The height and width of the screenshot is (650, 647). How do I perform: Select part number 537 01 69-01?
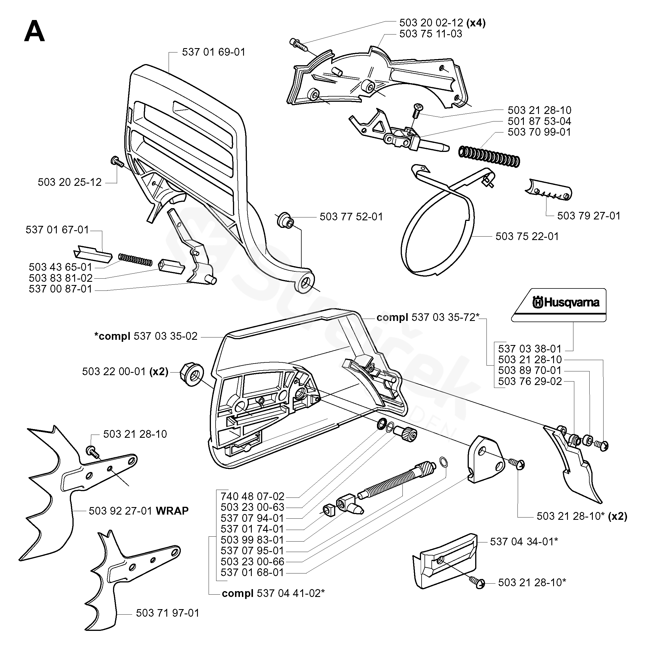[214, 52]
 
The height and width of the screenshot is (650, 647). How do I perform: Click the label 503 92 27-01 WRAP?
[138, 511]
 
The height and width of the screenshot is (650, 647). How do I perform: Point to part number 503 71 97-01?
[167, 613]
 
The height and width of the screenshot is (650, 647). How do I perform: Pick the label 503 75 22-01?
[527, 236]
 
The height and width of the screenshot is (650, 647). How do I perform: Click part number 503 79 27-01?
[588, 216]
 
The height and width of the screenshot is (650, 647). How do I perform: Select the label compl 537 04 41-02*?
[273, 593]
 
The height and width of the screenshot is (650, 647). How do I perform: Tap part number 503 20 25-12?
[70, 182]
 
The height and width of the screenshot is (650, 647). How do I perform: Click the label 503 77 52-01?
[351, 216]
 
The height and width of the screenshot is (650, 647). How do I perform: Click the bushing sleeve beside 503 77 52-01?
[285, 220]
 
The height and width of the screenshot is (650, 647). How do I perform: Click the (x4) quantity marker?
[476, 23]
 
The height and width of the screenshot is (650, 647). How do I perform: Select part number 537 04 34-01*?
[524, 541]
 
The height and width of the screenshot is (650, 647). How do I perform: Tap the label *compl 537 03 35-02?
[146, 336]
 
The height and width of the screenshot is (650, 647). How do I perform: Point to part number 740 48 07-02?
[252, 496]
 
